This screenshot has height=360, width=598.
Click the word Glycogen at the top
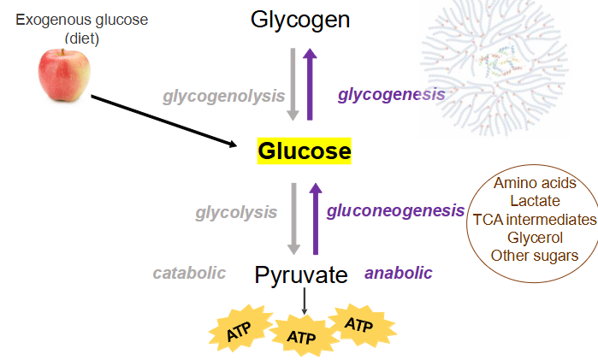300,19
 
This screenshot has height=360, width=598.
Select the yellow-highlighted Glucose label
305,151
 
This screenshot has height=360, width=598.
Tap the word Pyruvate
301,275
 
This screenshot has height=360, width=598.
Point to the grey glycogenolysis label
224,95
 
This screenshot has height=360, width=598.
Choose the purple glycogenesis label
391,94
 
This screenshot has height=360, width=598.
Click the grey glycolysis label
236,211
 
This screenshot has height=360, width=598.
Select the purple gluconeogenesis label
395,210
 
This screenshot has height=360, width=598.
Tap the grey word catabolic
189,273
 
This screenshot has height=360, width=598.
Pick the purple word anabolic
399,273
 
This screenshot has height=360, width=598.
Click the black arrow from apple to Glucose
163,121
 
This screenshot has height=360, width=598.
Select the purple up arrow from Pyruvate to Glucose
315,218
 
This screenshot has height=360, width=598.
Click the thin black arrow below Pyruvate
304,302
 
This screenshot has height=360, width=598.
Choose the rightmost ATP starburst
360,326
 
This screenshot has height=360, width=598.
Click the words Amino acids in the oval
535,183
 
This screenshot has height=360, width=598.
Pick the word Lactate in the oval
535,201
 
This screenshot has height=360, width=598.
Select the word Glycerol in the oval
535,237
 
